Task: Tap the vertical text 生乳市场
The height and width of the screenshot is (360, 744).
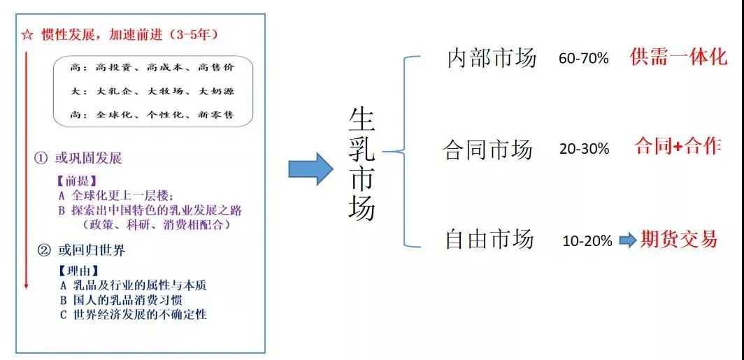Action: pos(362,164)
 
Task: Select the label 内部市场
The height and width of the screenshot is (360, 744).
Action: pos(492,58)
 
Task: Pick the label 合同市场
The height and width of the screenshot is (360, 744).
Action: pos(488,149)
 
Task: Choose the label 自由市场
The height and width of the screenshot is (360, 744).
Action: pos(489,240)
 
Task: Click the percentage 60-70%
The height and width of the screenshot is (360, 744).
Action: pos(583,59)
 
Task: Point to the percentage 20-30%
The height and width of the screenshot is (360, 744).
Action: pos(584,149)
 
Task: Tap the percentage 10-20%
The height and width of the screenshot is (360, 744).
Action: pos(587,241)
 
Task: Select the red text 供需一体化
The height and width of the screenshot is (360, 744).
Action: pos(678,57)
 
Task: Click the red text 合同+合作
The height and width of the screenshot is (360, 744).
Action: pos(677,147)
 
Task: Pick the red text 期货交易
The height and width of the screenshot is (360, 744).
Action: pos(678,240)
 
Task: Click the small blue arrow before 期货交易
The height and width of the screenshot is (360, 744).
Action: pos(628,241)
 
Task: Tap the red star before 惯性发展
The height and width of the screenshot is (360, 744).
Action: pos(27,34)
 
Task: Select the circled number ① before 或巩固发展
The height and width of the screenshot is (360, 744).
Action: pos(41,159)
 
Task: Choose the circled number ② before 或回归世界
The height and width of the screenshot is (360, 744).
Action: pos(43,250)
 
